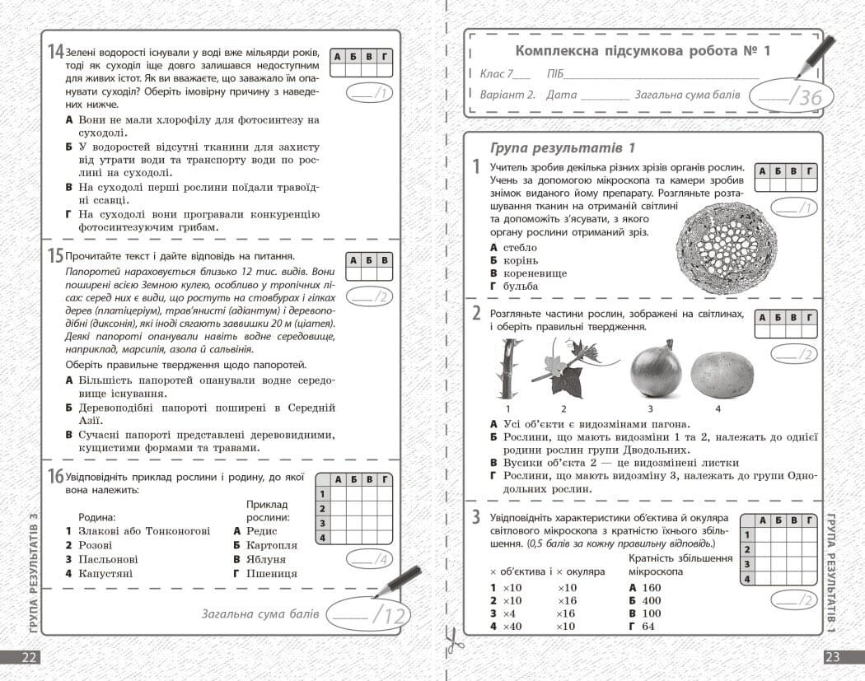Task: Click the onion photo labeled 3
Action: [x=656, y=369]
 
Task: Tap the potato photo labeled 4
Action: [x=722, y=371]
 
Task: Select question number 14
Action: [x=55, y=52]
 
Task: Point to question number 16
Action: [x=55, y=477]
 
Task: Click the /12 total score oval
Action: [x=367, y=613]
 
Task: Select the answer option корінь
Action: [x=520, y=260]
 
